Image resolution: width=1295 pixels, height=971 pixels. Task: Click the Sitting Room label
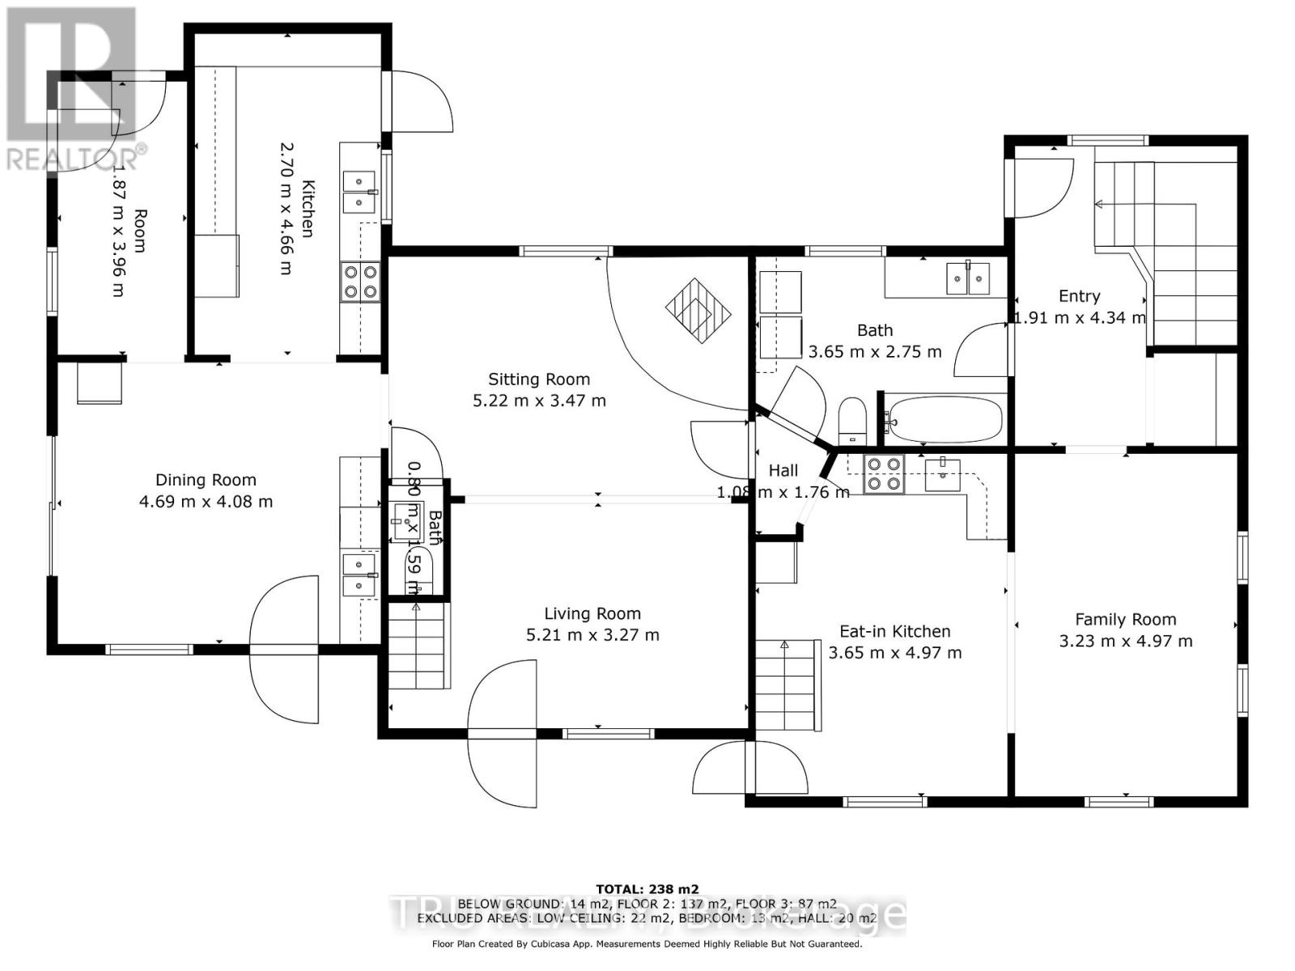point(539,379)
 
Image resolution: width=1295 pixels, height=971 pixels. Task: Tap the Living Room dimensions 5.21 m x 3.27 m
point(592,635)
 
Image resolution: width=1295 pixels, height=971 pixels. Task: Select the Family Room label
point(1125,619)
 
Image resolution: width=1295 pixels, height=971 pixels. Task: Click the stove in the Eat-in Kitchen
point(884,474)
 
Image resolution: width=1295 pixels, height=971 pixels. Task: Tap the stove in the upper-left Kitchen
point(360,282)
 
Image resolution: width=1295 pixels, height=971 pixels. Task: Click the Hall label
point(783,471)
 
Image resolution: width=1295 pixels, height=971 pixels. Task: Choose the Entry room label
point(1079,296)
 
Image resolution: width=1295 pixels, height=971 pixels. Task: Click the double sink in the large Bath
point(968,278)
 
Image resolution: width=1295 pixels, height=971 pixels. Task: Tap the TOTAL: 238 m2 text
point(647,888)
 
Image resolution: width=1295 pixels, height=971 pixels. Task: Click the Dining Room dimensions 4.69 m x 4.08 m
point(206,502)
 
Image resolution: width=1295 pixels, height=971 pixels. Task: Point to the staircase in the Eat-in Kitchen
point(785,684)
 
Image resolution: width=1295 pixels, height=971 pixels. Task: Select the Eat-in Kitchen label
point(894,631)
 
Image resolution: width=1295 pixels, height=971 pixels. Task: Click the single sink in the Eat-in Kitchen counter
point(942,474)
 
